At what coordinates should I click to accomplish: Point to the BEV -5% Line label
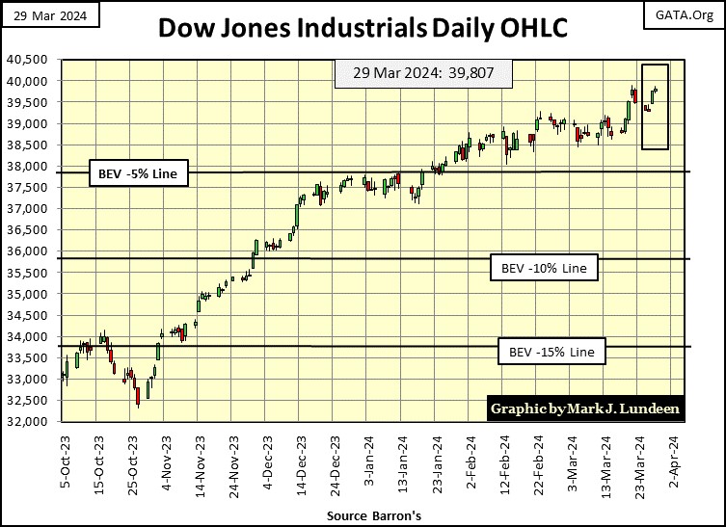(x=139, y=174)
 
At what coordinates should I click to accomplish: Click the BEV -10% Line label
(x=544, y=267)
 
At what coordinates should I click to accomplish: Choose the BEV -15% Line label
(x=551, y=353)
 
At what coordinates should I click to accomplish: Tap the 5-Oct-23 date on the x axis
(x=64, y=461)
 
